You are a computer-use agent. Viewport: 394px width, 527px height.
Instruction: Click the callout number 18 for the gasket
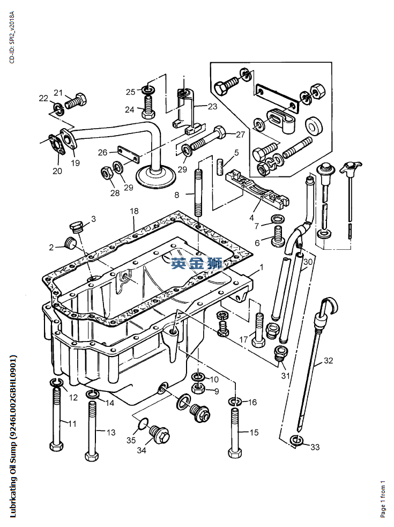134,212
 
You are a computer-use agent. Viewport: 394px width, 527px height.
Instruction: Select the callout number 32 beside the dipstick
328,361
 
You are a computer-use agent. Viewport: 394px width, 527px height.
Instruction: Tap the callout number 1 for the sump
262,266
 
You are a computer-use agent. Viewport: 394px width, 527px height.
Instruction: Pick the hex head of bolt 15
234,452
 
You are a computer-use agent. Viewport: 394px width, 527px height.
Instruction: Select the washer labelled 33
295,441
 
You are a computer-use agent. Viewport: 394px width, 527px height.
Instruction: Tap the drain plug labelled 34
159,433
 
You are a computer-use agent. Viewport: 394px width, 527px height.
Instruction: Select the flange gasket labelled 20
55,146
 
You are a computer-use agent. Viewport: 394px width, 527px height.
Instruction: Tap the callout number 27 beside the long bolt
240,135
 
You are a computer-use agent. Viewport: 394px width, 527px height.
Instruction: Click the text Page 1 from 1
383,499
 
